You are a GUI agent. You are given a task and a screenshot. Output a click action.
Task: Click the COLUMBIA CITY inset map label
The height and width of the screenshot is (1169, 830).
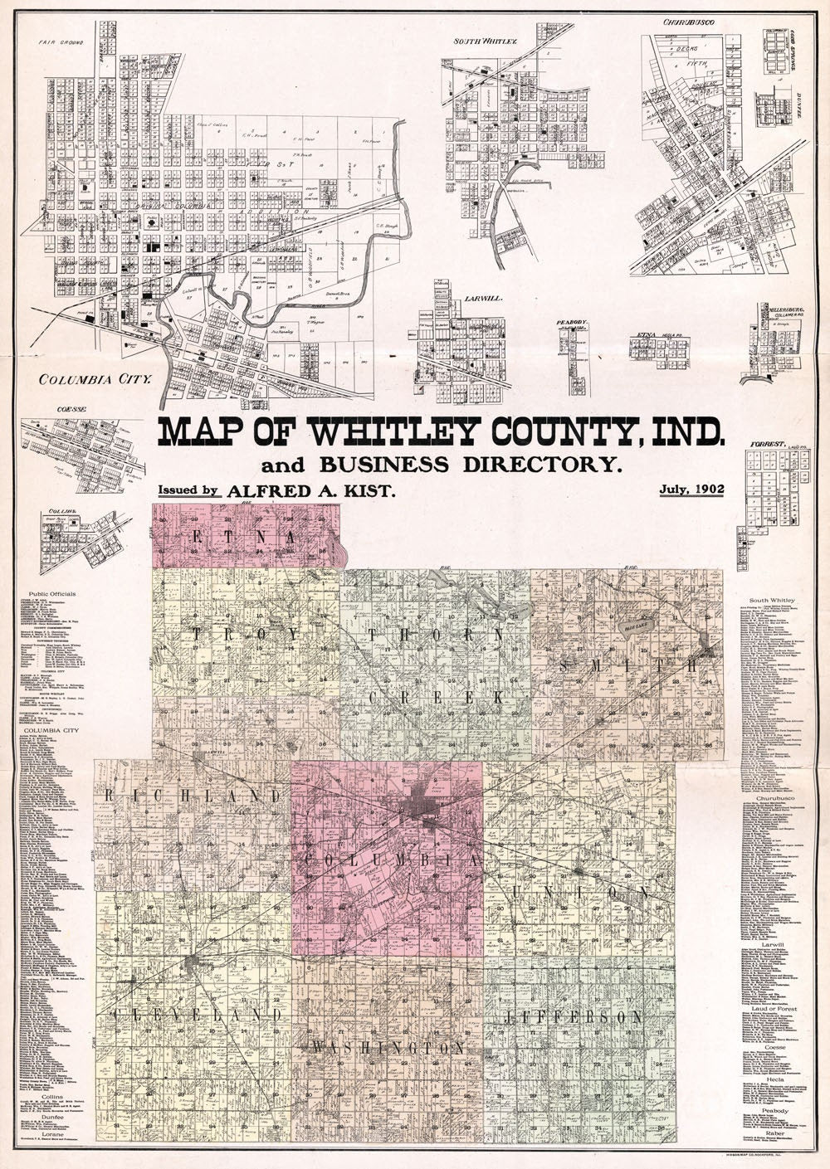point(93,380)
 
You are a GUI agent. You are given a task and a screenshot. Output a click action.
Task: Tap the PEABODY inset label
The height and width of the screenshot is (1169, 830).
point(572,319)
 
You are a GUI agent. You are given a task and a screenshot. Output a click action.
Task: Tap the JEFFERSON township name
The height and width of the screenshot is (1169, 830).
point(574,1017)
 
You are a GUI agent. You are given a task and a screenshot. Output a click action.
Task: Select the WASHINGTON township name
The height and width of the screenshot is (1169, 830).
point(388,1048)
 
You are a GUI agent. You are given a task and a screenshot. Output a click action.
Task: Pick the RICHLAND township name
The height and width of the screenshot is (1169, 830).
point(194,796)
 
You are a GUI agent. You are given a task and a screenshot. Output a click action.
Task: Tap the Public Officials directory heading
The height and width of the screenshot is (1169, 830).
point(51,594)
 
